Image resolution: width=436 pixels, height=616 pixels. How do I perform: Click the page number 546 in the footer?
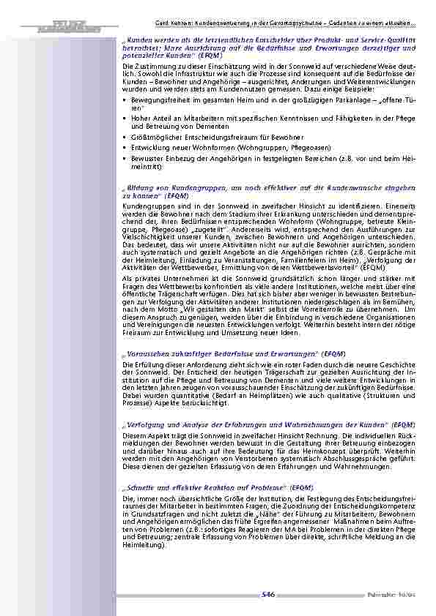[267, 597]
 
